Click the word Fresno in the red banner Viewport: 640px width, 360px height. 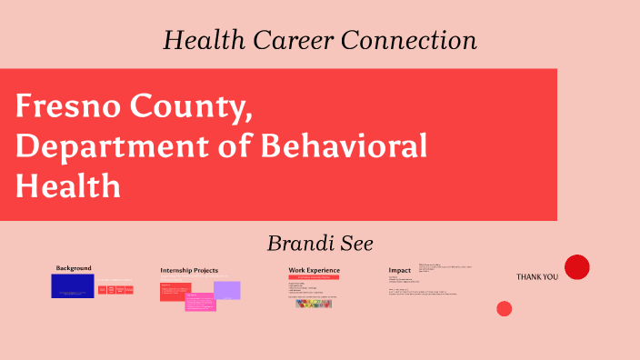[x=70, y=107]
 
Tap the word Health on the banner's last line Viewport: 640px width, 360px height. [x=68, y=186]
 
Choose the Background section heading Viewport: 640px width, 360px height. [x=74, y=268]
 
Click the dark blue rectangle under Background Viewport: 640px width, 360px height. [x=73, y=285]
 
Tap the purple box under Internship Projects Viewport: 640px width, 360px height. [x=227, y=290]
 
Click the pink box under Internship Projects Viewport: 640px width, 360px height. [x=200, y=303]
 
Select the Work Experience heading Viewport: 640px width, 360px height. [x=314, y=270]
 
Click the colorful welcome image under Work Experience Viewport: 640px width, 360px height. [x=314, y=304]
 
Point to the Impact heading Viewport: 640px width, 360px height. [x=400, y=270]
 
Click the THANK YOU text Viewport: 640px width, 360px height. [x=537, y=276]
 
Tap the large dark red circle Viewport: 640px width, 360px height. [x=577, y=267]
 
